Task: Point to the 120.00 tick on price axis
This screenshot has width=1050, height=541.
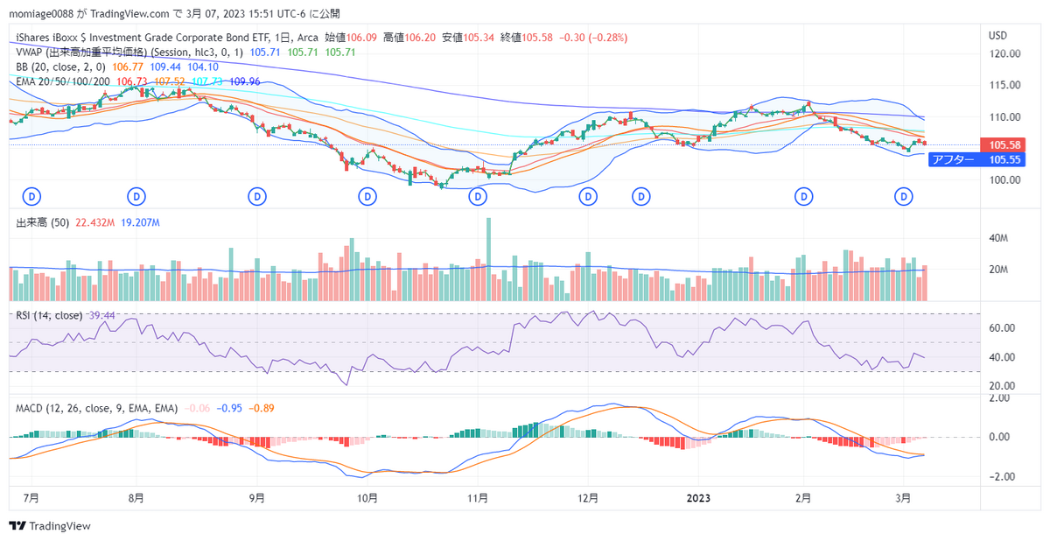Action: (x=1004, y=53)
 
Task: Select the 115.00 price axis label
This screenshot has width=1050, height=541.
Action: (x=1004, y=85)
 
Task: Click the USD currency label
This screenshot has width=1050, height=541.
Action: (x=997, y=35)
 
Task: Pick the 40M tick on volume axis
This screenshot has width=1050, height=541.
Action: (x=1000, y=238)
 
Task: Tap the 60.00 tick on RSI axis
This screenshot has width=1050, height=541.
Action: (x=1002, y=327)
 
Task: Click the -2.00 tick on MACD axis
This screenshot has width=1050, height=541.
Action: (x=1002, y=477)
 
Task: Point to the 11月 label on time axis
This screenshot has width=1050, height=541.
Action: (x=477, y=498)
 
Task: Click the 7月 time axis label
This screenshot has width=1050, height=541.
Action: (x=31, y=498)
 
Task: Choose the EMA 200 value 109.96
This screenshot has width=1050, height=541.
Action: (x=243, y=81)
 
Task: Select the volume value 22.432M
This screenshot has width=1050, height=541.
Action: (x=96, y=223)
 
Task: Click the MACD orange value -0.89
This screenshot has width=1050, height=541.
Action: (x=263, y=409)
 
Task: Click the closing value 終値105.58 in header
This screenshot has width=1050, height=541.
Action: (x=521, y=39)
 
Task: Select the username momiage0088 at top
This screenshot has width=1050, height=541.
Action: (x=41, y=14)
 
